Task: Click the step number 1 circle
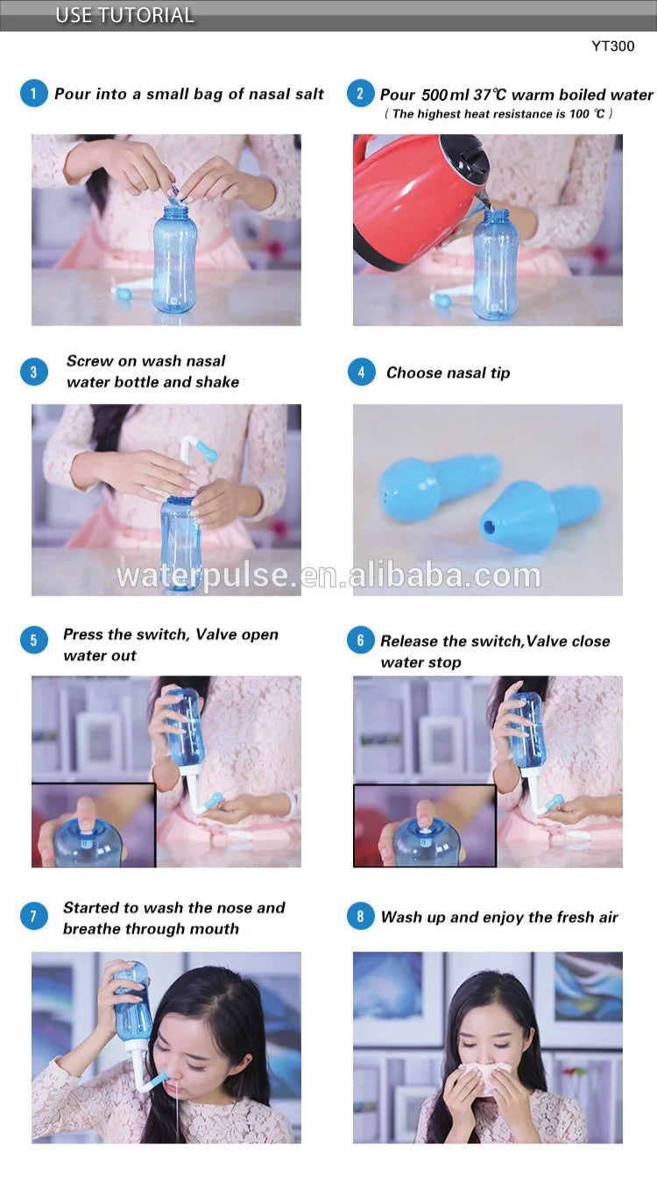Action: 33,94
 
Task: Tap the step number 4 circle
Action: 361,372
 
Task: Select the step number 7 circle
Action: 33,917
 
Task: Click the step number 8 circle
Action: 361,917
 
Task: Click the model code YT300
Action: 612,46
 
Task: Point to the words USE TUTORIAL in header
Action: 124,15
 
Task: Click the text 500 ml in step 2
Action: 447,95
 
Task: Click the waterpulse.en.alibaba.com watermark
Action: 328,576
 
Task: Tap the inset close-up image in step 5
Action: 94,825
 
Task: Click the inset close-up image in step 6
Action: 424,825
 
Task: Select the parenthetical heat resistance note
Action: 498,114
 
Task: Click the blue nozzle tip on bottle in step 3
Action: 206,450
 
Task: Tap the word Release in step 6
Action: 407,641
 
